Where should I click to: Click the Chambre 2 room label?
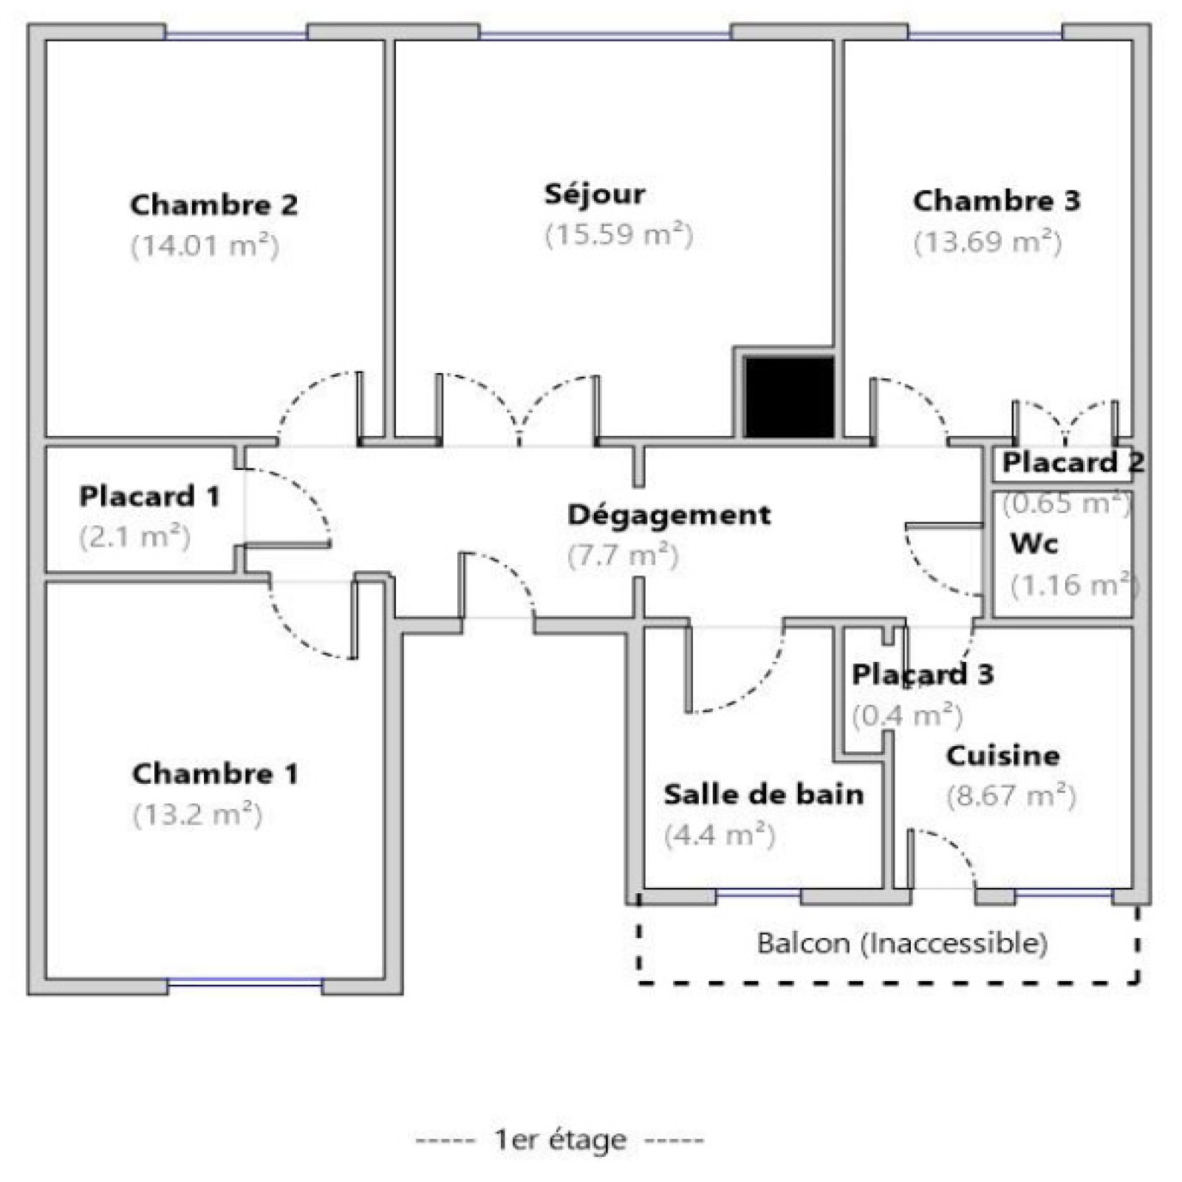pyautogui.click(x=214, y=205)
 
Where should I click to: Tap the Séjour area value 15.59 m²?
pyautogui.click(x=619, y=235)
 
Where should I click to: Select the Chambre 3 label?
pyautogui.click(x=997, y=200)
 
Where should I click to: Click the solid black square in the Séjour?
pyautogui.click(x=789, y=397)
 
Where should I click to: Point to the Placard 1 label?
pyautogui.click(x=150, y=496)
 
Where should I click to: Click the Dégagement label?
pyautogui.click(x=669, y=515)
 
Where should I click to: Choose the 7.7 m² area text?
pyautogui.click(x=623, y=555)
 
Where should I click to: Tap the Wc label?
pyautogui.click(x=1034, y=544)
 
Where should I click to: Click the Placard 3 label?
pyautogui.click(x=923, y=674)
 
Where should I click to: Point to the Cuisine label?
pyautogui.click(x=1002, y=755)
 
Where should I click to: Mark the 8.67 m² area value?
pyautogui.click(x=1011, y=796)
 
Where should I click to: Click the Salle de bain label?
pyautogui.click(x=764, y=794)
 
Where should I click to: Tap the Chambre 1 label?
pyautogui.click(x=216, y=773)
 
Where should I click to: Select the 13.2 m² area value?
pyautogui.click(x=198, y=815)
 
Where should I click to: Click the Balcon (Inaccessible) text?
pyautogui.click(x=902, y=943)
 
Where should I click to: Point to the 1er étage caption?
pyautogui.click(x=560, y=1140)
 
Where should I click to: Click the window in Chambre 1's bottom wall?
pyautogui.click(x=245, y=983)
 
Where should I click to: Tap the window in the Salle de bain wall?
pyautogui.click(x=759, y=895)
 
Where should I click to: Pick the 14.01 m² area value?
pyautogui.click(x=205, y=245)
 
